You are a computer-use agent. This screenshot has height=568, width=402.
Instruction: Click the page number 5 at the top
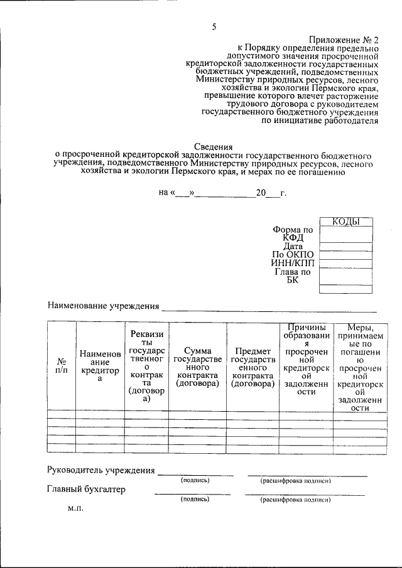[214, 26]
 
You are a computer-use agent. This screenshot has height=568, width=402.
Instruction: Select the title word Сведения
[214, 146]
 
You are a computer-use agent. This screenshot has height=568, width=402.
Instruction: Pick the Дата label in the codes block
[293, 246]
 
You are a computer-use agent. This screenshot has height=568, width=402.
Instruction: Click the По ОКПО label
[293, 255]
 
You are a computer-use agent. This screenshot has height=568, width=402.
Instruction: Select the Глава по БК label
[293, 276]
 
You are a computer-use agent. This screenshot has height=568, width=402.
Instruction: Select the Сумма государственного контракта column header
[197, 367]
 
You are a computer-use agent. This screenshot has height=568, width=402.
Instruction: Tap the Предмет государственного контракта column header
[253, 367]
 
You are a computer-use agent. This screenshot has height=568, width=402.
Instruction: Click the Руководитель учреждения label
[100, 470]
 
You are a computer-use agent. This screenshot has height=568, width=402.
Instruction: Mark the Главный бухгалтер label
[86, 489]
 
